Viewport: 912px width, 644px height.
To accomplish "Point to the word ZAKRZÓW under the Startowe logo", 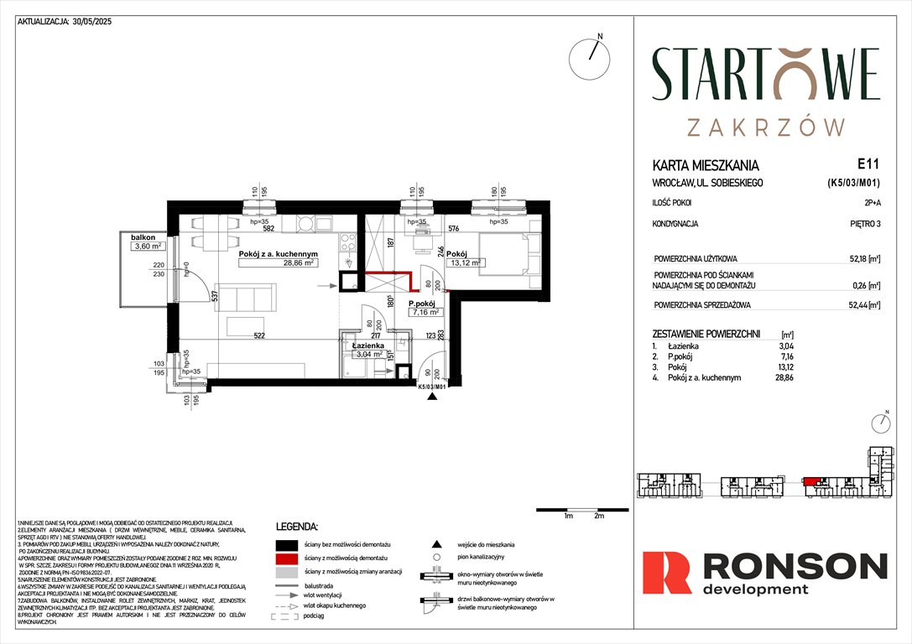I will point(765,127).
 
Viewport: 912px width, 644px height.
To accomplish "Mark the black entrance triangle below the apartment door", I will point(432,398).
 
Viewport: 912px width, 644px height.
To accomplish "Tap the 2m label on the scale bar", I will point(598,517).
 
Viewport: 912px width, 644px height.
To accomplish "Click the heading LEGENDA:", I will point(297,527).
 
